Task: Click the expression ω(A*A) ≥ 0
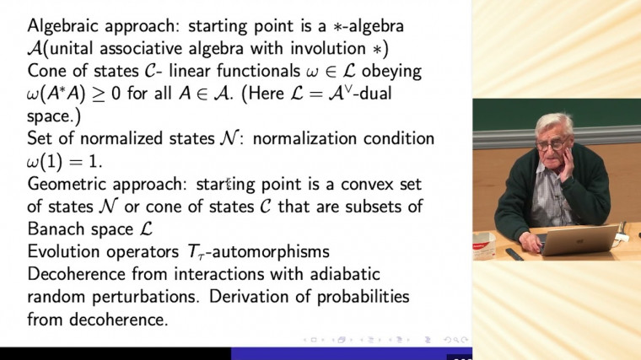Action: tap(89, 92)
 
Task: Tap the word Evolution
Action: tap(64, 251)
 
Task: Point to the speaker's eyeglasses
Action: tap(552, 145)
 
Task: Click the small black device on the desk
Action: tap(514, 254)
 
